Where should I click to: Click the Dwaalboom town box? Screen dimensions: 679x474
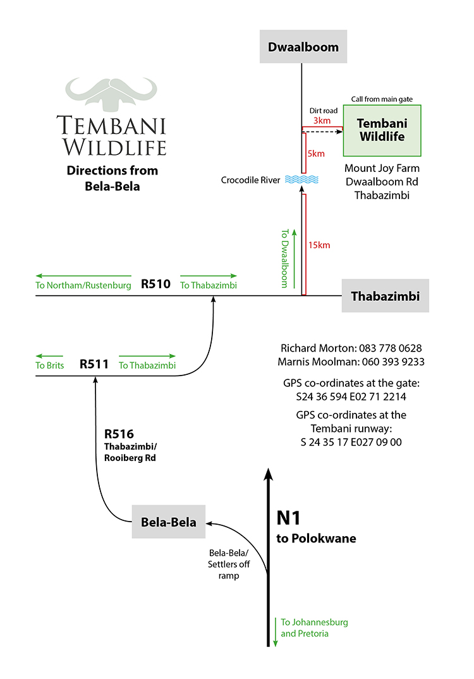point(303,47)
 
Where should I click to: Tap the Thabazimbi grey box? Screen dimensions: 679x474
point(385,296)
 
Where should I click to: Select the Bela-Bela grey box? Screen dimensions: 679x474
point(169,522)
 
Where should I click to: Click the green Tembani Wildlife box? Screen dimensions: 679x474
point(382,130)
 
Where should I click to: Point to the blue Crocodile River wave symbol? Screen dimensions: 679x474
point(301,180)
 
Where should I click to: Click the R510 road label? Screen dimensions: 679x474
point(156,284)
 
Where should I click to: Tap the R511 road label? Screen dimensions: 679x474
point(94,364)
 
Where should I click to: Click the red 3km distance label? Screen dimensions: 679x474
point(322,120)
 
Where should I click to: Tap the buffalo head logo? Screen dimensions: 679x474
point(111,94)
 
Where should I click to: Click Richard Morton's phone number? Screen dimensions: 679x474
point(390,348)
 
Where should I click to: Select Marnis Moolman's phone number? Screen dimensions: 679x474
point(392,362)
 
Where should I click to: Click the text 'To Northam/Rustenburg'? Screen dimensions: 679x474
point(83,286)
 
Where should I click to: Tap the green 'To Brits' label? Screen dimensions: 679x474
point(50,365)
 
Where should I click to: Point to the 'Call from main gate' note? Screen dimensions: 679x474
point(382,99)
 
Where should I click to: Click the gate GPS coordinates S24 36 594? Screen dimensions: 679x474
point(351,397)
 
